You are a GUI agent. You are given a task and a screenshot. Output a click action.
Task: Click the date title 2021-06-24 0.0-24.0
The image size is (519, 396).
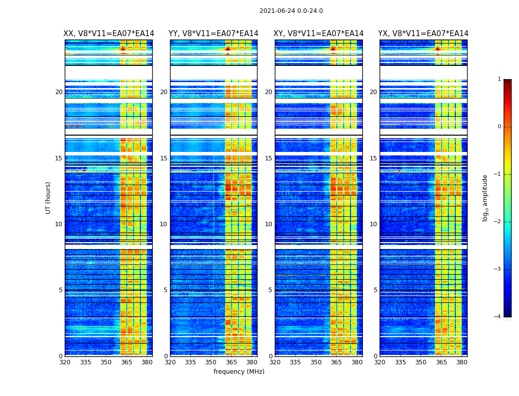coord(291,11)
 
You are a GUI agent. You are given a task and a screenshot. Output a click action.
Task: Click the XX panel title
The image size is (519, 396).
coord(109,34)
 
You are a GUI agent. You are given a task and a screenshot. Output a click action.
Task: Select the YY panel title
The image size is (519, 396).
coord(214,34)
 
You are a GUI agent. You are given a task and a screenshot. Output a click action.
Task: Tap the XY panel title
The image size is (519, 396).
coord(319,34)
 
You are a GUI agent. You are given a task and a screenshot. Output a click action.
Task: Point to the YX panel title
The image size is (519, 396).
coord(423,34)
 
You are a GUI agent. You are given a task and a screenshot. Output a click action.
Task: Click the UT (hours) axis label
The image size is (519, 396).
coord(48,198)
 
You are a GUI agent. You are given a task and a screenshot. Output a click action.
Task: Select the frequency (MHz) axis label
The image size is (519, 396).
coord(239,372)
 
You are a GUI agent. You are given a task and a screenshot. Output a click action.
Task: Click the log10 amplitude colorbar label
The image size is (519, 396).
coord(485,198)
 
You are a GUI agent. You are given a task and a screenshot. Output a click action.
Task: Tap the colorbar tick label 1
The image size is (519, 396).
coord(499,79)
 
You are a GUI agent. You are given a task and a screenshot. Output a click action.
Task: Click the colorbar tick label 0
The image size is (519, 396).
coord(499,127)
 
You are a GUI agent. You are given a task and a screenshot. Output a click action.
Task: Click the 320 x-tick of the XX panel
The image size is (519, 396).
coord(65,362)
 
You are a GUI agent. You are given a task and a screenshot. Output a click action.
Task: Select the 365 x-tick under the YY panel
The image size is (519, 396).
coord(231,362)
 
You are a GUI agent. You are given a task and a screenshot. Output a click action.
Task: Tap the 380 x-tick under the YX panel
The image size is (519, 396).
coord(462,362)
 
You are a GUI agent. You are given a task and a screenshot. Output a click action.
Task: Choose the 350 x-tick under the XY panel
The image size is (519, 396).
coord(316,362)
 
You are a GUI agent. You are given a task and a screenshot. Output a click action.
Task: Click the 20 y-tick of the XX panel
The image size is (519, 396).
coord(59,92)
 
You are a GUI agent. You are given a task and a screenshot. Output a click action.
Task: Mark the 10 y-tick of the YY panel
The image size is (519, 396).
coord(164,224)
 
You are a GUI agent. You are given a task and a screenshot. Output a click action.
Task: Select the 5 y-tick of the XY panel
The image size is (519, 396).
coord(270,290)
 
